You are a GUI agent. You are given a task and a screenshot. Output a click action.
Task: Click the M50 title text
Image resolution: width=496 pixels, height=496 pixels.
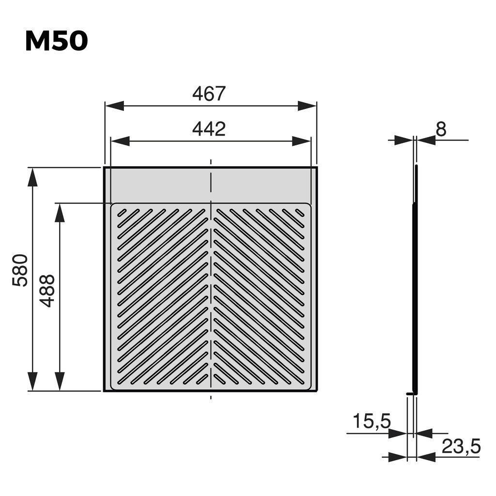click(x=56, y=42)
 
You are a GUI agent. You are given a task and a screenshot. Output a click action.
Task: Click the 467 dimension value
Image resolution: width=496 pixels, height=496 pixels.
click(x=209, y=93)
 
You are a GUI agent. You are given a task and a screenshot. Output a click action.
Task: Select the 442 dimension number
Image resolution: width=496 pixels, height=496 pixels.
click(x=209, y=129)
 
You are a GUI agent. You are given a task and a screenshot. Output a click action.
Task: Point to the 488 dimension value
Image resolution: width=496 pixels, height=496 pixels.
click(x=47, y=291)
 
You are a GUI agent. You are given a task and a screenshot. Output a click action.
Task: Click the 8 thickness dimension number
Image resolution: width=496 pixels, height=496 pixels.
click(x=440, y=129)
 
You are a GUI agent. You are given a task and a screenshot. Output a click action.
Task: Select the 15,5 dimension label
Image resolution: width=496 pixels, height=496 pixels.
click(x=371, y=421)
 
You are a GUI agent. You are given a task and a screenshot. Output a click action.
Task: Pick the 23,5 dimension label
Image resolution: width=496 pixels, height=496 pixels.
click(x=461, y=447)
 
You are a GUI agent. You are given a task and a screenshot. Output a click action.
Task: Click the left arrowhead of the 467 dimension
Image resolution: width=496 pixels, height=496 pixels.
click(x=114, y=106)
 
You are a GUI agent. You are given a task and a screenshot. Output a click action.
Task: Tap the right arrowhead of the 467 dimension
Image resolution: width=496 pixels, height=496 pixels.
click(x=307, y=106)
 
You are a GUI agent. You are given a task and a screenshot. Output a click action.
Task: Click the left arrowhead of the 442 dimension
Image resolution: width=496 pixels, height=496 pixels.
click(x=121, y=141)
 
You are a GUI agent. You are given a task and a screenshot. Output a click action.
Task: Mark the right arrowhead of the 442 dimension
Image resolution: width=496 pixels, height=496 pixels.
click(x=301, y=141)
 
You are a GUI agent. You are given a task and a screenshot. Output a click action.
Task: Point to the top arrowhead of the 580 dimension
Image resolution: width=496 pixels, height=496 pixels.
click(x=32, y=177)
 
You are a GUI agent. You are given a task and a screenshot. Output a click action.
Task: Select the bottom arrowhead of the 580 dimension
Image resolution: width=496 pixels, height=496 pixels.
click(x=32, y=381)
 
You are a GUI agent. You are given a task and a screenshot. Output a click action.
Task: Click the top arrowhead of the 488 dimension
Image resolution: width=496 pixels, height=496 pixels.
click(x=60, y=213)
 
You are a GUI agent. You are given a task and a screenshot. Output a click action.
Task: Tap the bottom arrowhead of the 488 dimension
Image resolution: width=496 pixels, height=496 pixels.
click(x=60, y=381)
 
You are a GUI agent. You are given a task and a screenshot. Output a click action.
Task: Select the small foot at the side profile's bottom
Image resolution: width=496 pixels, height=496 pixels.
click(x=411, y=394)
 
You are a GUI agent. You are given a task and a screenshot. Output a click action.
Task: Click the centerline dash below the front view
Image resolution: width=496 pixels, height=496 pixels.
click(x=211, y=397)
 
